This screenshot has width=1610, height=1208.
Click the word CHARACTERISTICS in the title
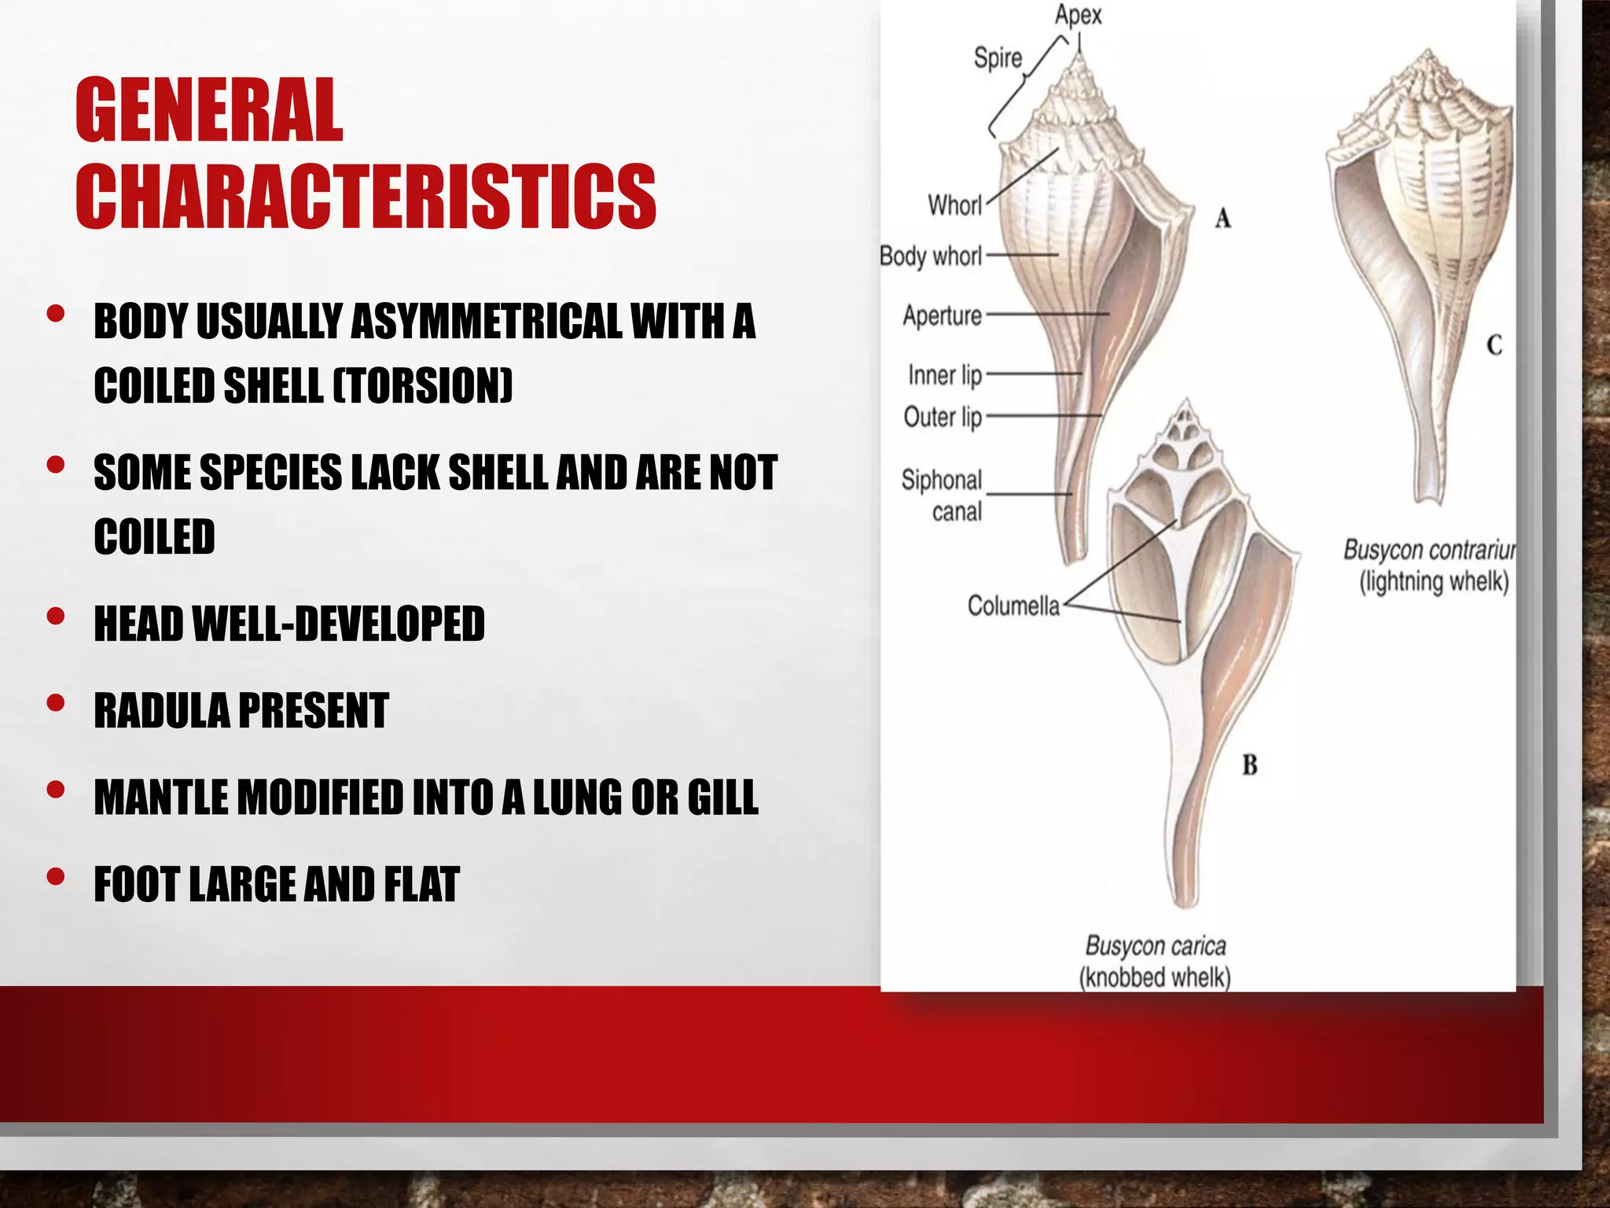(x=366, y=197)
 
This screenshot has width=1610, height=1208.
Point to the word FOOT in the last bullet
(x=137, y=884)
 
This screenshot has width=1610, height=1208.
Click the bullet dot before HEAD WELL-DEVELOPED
(x=56, y=616)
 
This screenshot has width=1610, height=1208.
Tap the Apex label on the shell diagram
(x=1078, y=15)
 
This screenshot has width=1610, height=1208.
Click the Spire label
(x=998, y=57)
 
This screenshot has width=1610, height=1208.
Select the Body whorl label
(x=931, y=256)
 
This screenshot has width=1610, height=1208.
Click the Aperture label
(x=942, y=316)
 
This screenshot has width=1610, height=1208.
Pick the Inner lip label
(x=945, y=375)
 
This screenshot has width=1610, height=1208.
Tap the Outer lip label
(x=943, y=417)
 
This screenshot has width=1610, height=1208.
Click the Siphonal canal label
(x=942, y=495)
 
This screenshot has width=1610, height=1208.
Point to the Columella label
(x=1013, y=606)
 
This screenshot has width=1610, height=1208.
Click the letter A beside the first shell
(x=1222, y=218)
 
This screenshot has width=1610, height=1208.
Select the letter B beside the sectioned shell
(x=1249, y=764)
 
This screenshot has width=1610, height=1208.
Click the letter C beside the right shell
(x=1494, y=344)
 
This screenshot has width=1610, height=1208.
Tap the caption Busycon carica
(x=1155, y=945)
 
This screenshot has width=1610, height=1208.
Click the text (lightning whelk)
(x=1434, y=583)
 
